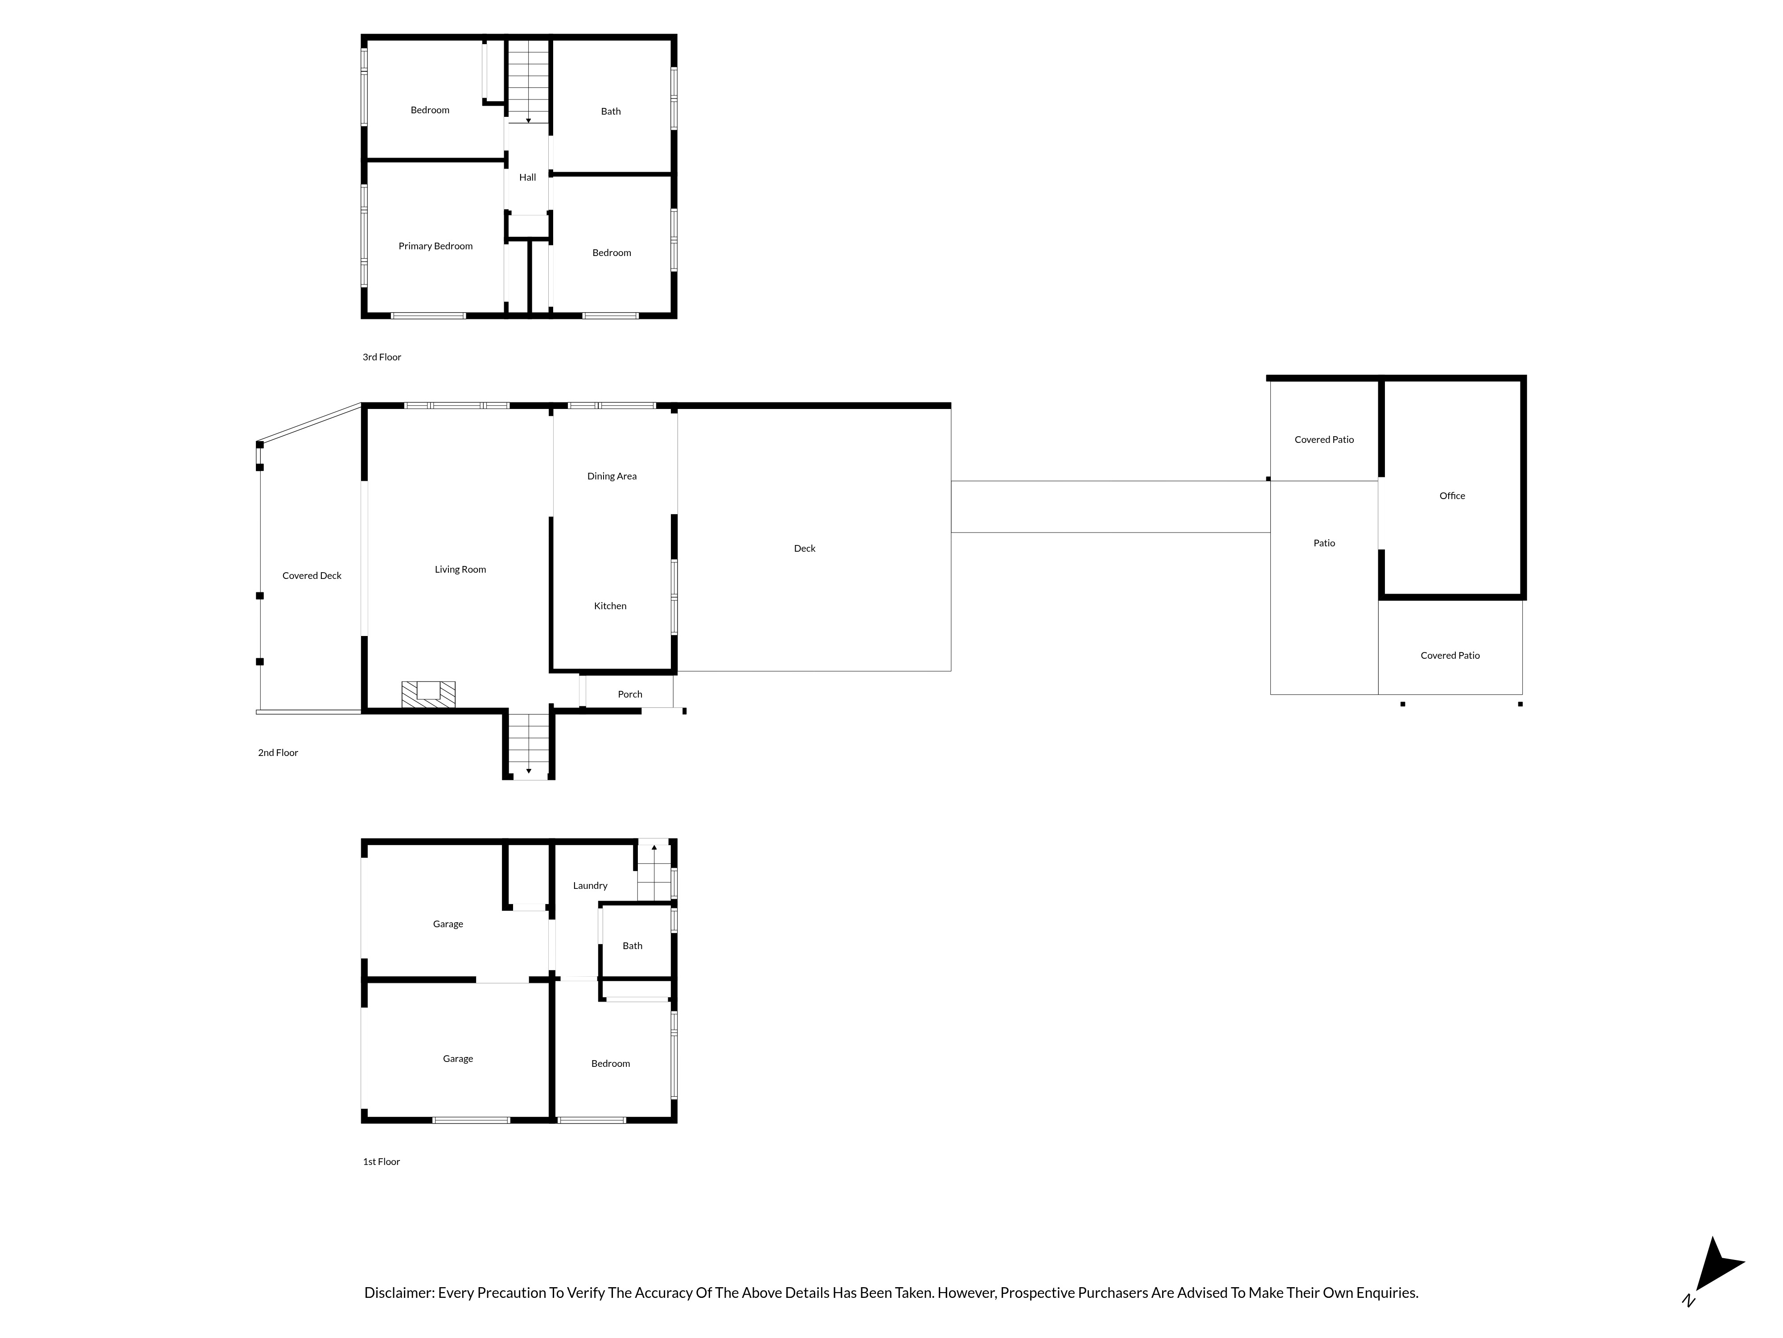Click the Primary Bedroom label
tap(435, 246)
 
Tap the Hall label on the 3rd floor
tap(527, 178)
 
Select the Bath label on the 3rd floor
tap(611, 111)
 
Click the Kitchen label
tap(610, 606)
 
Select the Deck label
tap(805, 549)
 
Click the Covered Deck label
tap(312, 576)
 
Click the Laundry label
tap(590, 886)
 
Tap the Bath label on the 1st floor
tap(633, 946)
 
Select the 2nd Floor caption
tap(278, 752)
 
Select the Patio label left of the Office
tap(1324, 544)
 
